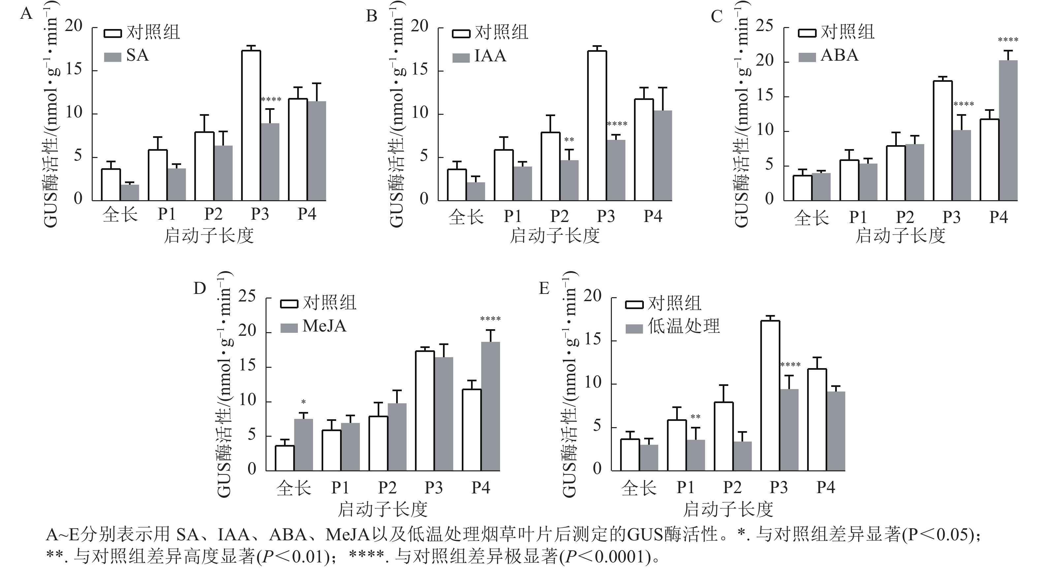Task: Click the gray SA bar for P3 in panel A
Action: tap(270, 162)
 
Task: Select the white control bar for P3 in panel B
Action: tap(597, 125)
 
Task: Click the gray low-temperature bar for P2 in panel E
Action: tap(742, 456)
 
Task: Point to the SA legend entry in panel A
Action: tap(137, 56)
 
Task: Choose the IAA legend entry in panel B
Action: tap(490, 56)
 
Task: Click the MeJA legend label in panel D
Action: tap(324, 326)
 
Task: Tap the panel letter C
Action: tap(717, 16)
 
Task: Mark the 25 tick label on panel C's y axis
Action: tap(764, 26)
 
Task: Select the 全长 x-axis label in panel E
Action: tap(639, 488)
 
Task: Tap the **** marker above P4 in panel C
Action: tap(1008, 40)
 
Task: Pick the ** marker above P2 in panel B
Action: tap(569, 140)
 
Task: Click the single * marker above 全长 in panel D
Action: tap(303, 402)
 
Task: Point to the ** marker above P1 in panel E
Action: tap(695, 417)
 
